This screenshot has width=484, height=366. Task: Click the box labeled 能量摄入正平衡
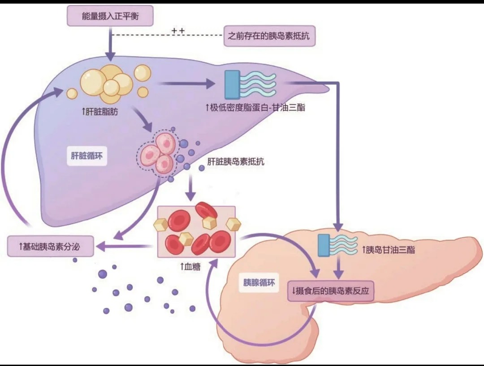click(110, 16)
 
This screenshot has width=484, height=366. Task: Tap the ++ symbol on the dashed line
click(178, 31)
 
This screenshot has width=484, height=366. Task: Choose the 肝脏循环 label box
click(87, 156)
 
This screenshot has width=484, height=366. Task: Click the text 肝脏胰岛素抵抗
click(236, 161)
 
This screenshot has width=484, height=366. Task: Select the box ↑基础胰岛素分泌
click(50, 247)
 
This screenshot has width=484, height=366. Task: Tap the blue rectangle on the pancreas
click(324, 245)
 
